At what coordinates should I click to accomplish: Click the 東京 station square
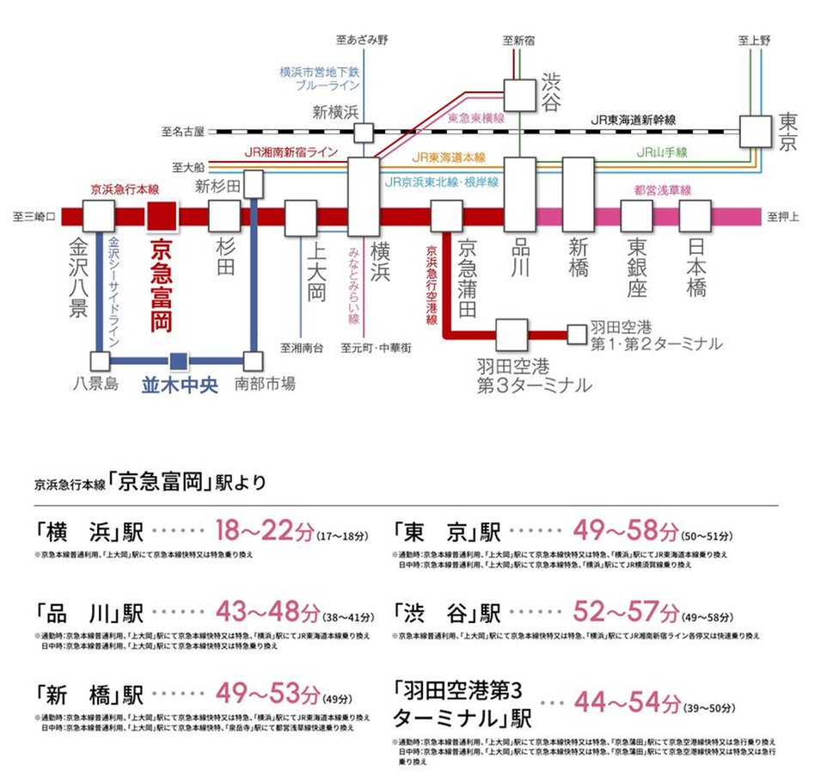tap(756, 132)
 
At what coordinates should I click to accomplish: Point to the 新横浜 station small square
tap(364, 133)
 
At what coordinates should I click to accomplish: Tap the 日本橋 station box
tap(696, 216)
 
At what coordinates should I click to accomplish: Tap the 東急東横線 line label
tap(475, 118)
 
